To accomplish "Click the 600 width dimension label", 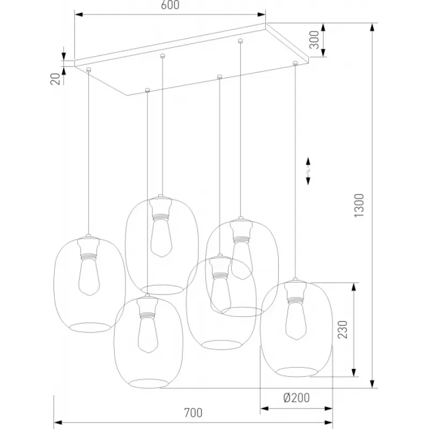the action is point(170,5).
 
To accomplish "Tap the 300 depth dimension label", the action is point(314,40).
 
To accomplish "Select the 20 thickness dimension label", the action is point(55,79).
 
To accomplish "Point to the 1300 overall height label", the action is point(359,205).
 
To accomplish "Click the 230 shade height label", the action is point(342,330).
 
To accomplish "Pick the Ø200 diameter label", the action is point(297,398).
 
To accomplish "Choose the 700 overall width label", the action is point(193,413).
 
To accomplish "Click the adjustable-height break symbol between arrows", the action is point(308,171).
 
